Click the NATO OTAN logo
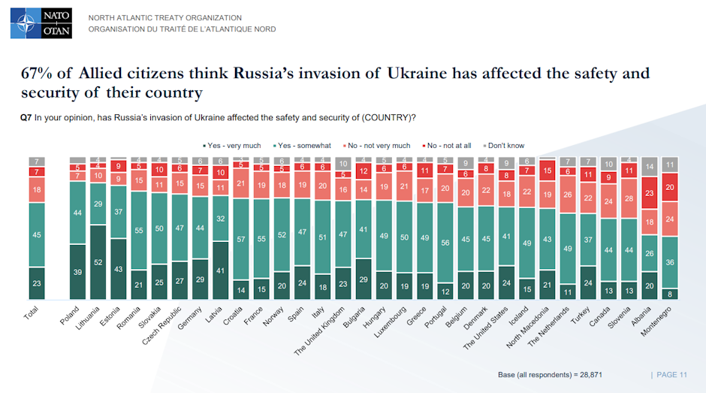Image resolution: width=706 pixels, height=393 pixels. point(41,23)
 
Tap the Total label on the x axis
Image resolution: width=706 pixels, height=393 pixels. point(32,315)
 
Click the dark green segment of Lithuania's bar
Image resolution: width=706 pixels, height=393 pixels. point(98,262)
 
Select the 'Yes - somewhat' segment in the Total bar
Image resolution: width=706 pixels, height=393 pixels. point(37,234)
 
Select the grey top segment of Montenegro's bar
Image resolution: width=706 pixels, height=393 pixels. point(671,165)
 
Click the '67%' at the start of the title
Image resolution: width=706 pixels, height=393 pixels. point(37,74)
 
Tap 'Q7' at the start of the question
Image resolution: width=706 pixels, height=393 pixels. point(25,117)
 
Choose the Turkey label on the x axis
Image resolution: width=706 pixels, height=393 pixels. point(580,315)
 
